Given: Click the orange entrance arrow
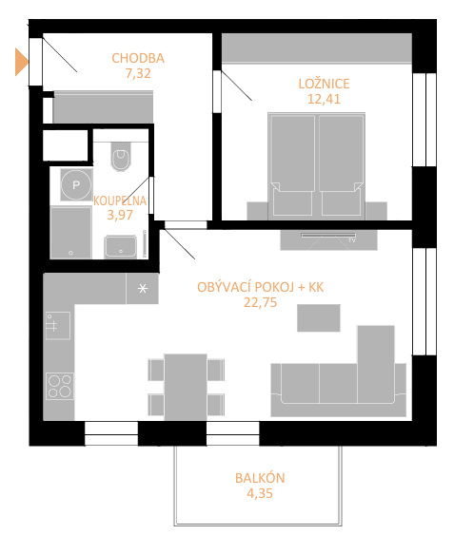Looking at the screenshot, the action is [x=21, y=62].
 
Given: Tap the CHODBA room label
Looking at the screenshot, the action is [x=138, y=58].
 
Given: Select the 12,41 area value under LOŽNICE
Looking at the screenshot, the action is [x=324, y=99].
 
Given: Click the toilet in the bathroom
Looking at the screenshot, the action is [x=121, y=156].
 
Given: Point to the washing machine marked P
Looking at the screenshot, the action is [x=76, y=185].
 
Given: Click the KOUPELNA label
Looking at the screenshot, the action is [x=120, y=201].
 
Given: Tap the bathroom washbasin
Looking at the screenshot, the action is [x=121, y=246].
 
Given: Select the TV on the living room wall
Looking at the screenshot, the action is [x=328, y=236].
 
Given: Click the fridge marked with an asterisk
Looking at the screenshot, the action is [x=142, y=288].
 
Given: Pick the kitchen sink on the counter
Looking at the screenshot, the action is [x=58, y=326].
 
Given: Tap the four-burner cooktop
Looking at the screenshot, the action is [x=59, y=386].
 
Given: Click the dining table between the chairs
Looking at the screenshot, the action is [x=186, y=388].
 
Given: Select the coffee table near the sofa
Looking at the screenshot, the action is [x=318, y=318].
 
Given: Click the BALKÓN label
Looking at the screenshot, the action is [x=260, y=478].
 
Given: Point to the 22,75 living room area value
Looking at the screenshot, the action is [x=260, y=302].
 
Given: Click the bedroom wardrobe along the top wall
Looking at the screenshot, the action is [x=317, y=48].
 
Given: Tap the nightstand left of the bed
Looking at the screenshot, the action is [x=257, y=211].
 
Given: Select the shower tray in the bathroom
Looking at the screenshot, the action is [x=70, y=233].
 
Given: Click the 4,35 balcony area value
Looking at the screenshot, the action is [x=260, y=493].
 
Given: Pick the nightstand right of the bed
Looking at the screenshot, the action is [x=376, y=211].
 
